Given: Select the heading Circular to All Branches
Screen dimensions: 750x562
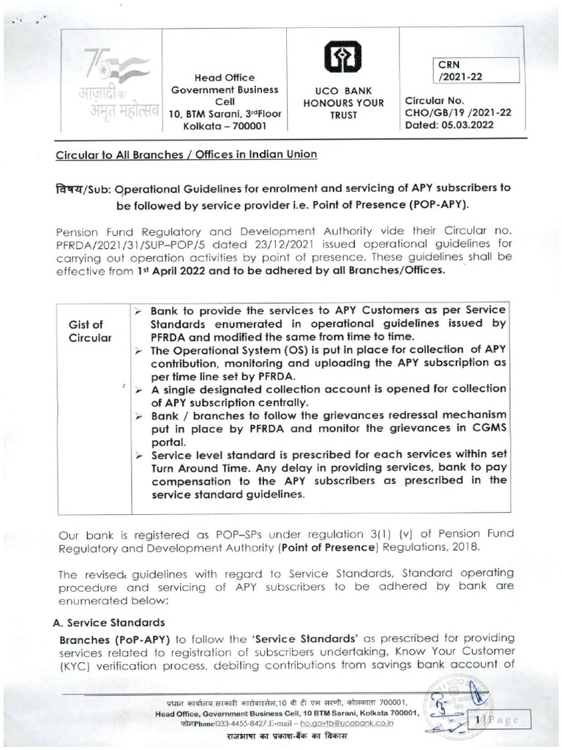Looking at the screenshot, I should point(186,155).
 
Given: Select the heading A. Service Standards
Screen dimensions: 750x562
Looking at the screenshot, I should point(110,623).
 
